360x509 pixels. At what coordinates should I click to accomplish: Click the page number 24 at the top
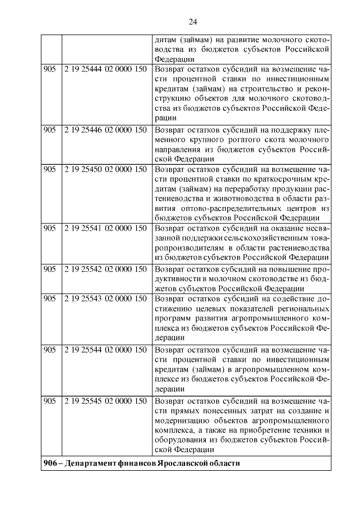click(x=192, y=21)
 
